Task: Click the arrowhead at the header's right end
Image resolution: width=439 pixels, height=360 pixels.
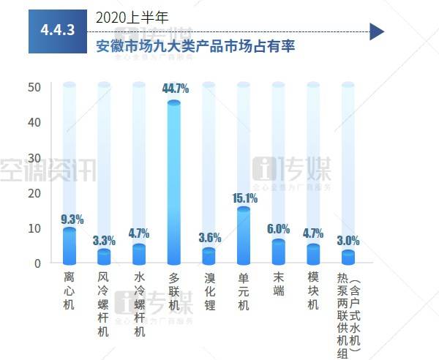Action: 377,31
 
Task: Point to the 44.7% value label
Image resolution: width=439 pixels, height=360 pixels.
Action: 174,89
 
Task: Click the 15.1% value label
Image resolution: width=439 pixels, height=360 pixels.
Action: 244,198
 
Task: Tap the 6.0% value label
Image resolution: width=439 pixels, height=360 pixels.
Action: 278,229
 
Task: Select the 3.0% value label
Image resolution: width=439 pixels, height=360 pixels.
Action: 348,240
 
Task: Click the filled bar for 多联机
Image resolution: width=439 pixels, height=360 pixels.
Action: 174,183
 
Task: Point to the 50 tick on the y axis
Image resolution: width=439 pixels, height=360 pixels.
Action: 35,87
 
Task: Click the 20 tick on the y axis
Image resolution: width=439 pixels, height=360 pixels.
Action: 35,193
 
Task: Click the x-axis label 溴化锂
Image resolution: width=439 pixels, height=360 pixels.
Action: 209,292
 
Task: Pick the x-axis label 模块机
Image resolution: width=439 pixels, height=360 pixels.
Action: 313,292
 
